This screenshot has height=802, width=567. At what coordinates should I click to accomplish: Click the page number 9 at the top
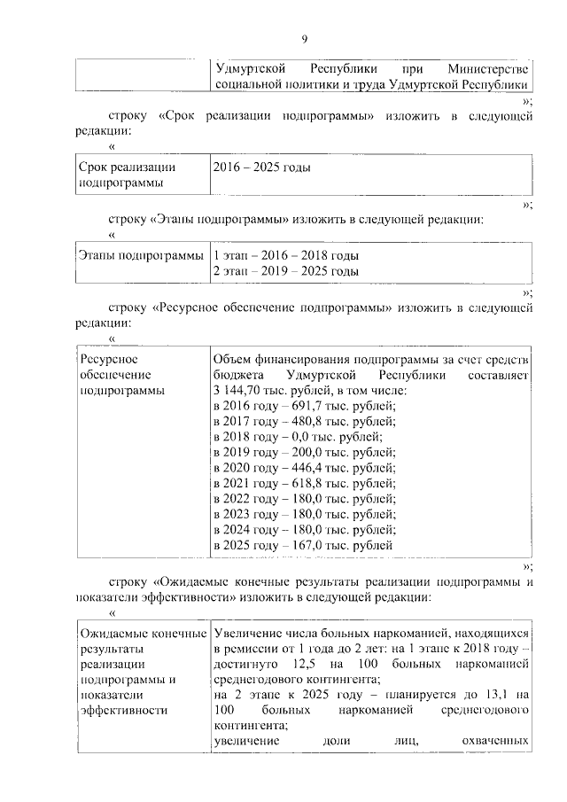pyautogui.click(x=304, y=39)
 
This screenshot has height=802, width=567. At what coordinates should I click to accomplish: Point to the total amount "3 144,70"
pyautogui.click(x=237, y=390)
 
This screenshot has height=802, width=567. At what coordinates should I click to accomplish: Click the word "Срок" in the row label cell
pyautogui.click(x=94, y=167)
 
